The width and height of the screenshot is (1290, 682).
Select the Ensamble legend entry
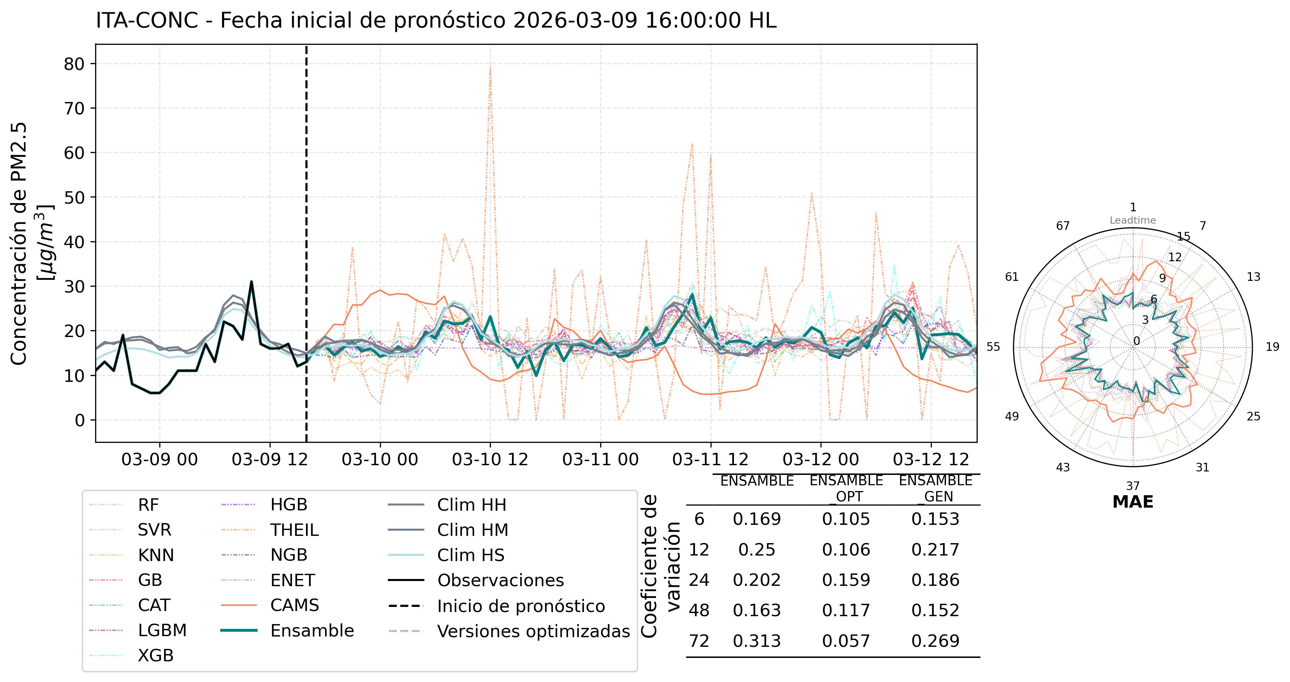[312, 630]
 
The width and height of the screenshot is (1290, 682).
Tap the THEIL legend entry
[294, 530]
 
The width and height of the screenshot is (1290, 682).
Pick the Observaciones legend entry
[500, 580]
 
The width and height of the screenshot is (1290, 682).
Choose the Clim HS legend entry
[470, 555]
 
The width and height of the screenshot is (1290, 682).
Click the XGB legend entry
[155, 655]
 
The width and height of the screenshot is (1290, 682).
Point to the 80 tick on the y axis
[74, 64]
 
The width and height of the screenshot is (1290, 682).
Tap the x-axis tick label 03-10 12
[490, 459]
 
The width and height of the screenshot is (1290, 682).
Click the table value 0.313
[757, 641]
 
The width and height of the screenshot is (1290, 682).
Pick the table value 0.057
[846, 641]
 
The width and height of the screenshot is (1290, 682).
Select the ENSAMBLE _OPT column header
[846, 488]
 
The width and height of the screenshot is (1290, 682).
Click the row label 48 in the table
[699, 610]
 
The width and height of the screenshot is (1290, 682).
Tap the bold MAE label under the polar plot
[1133, 502]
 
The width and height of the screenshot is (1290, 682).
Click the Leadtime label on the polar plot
[1133, 220]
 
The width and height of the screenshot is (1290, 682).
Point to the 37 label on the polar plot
[1133, 486]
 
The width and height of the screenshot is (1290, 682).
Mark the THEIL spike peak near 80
[490, 67]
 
